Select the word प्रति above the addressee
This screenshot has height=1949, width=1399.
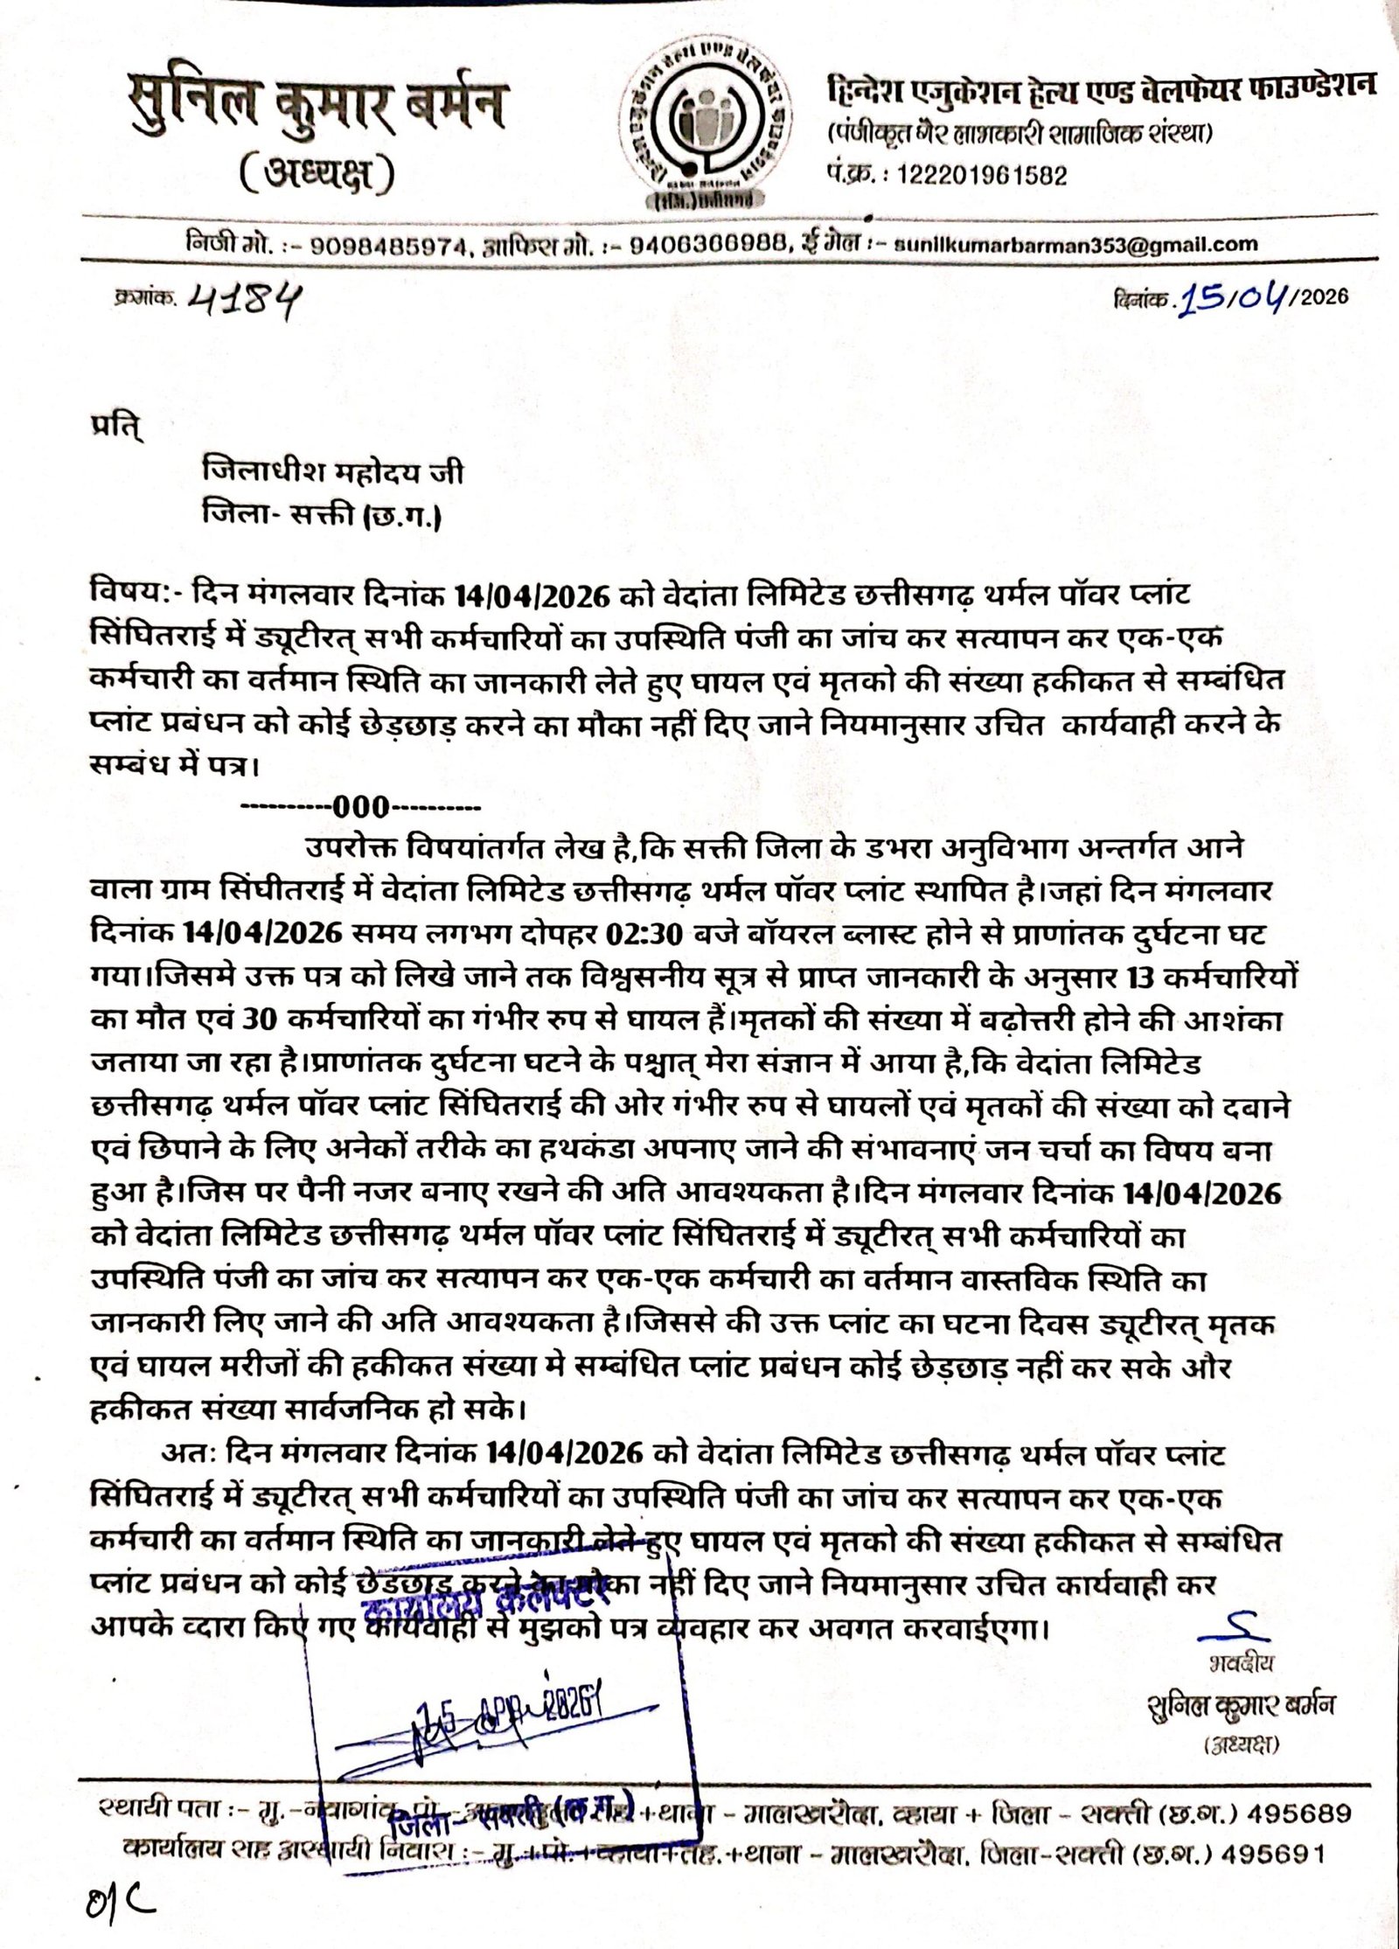point(108,429)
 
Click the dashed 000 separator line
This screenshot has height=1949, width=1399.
point(359,805)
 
